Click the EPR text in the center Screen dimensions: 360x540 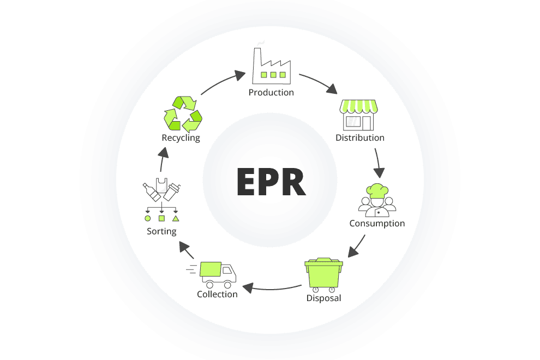(270, 181)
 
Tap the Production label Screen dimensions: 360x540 (271, 93)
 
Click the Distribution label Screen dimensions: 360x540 (360, 138)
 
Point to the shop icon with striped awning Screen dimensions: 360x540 (358, 115)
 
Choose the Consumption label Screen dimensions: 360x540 (377, 224)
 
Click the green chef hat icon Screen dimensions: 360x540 (377, 191)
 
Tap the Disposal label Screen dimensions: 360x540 (323, 298)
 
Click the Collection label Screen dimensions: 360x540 (217, 295)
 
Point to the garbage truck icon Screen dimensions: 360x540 (217, 273)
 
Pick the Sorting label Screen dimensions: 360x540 (161, 231)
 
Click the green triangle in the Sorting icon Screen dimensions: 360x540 (176, 218)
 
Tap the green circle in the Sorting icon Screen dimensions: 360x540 (147, 218)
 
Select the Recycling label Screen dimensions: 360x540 (181, 138)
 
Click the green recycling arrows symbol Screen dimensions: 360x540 (183, 114)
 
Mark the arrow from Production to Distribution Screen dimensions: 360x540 (319, 83)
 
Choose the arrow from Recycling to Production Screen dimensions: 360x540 (223, 82)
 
